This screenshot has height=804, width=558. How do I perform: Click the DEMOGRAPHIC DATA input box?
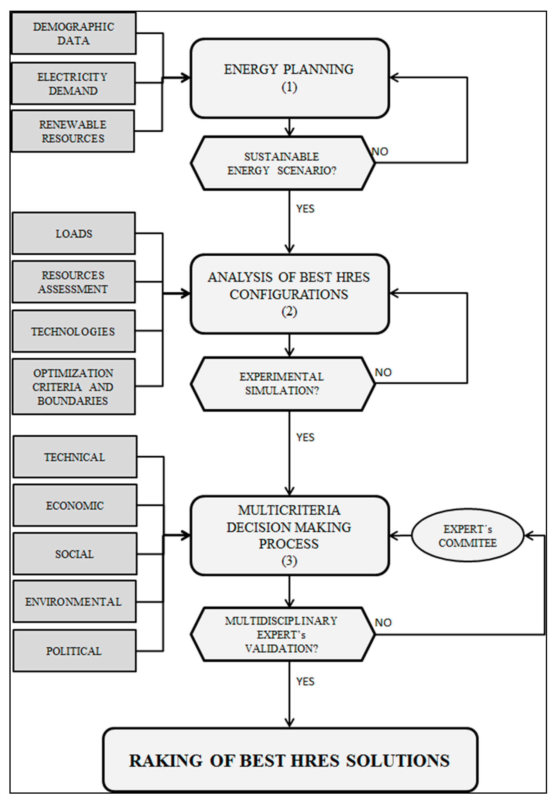(x=74, y=33)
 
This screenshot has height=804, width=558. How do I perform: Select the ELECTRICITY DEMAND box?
(x=73, y=83)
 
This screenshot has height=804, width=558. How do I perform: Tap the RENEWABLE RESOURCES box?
(x=73, y=131)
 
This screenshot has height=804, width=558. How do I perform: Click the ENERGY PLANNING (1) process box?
(x=289, y=78)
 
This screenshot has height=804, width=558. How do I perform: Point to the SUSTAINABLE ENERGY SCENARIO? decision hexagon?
(x=282, y=163)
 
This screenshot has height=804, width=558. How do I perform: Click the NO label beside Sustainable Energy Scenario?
(x=380, y=152)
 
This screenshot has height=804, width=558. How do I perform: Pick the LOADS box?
(x=74, y=233)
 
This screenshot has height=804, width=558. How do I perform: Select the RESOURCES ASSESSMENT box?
(x=74, y=282)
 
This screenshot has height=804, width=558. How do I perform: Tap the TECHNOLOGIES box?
(x=74, y=331)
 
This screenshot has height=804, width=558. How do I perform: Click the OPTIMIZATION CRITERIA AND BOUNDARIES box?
(x=74, y=387)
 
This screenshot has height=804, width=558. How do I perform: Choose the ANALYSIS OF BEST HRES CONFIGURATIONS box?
(x=289, y=294)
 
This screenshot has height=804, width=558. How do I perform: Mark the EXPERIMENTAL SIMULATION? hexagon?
(x=282, y=384)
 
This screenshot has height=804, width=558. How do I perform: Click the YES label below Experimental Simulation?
(x=305, y=438)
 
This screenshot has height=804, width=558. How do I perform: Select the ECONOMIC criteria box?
(x=75, y=505)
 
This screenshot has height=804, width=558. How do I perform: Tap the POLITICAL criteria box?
(x=74, y=651)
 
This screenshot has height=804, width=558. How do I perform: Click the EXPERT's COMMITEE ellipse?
(x=467, y=536)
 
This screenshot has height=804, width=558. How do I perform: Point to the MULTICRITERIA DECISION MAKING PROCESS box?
(x=289, y=535)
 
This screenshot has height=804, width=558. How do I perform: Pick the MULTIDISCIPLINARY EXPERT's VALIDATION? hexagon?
(x=282, y=635)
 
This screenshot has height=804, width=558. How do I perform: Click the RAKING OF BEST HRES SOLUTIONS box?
(x=290, y=761)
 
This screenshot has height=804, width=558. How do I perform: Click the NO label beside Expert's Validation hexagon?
(x=383, y=623)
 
